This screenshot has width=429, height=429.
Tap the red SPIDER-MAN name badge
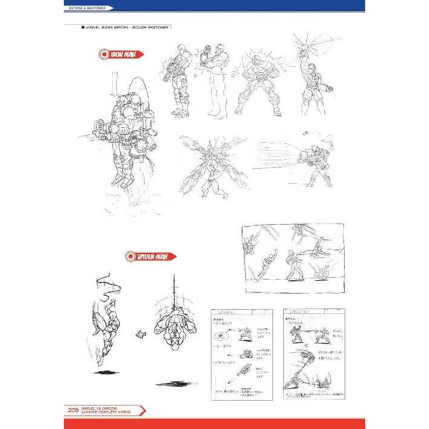point(151,256)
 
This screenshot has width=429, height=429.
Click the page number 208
point(72,411)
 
